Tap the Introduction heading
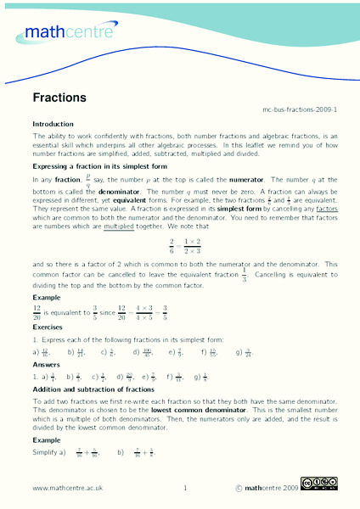point(53,124)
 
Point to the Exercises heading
point(48,327)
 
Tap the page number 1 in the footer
point(184,489)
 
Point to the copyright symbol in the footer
point(239,489)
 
